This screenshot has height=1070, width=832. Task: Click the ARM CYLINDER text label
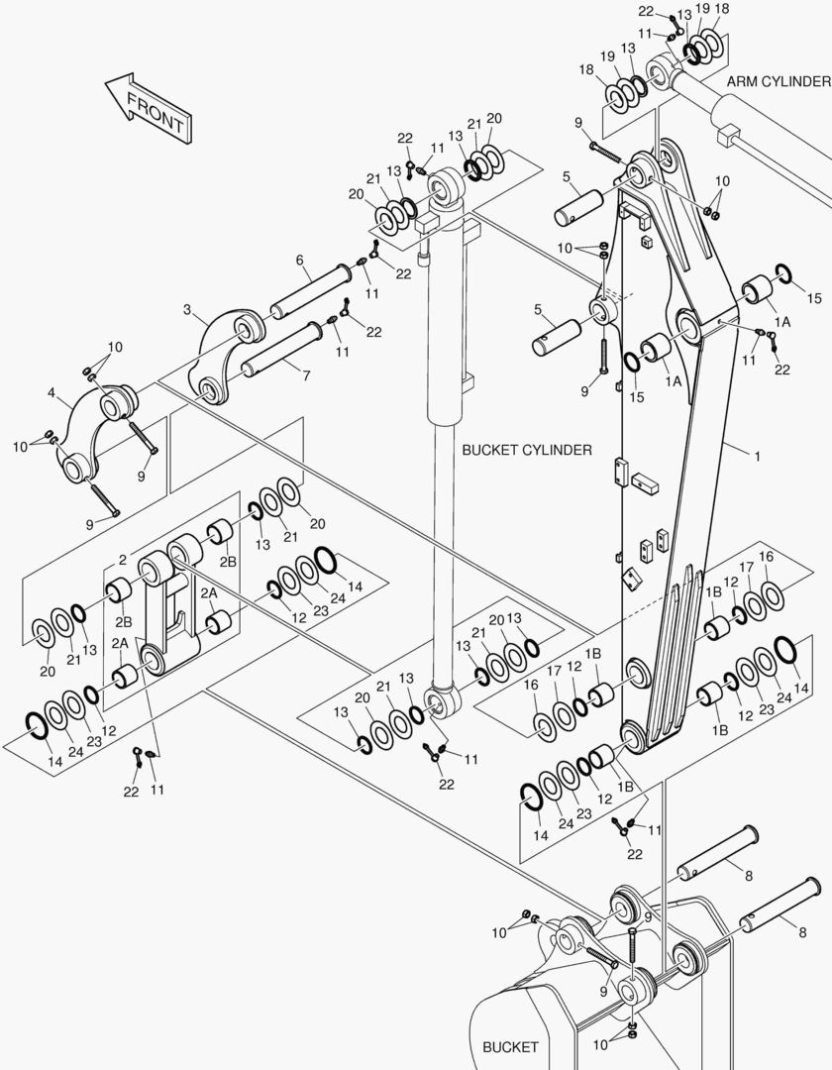pyautogui.click(x=777, y=80)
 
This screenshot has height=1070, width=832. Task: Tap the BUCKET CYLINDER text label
pyautogui.click(x=526, y=450)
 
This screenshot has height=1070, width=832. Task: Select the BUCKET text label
pyautogui.click(x=510, y=1046)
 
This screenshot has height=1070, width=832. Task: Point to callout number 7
pyautogui.click(x=306, y=375)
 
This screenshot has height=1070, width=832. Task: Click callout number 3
pyautogui.click(x=187, y=310)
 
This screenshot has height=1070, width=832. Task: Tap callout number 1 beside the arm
pyautogui.click(x=757, y=457)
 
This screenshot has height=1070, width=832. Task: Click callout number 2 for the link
pyautogui.click(x=122, y=559)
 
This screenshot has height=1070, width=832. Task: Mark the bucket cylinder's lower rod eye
pyautogui.click(x=436, y=705)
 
